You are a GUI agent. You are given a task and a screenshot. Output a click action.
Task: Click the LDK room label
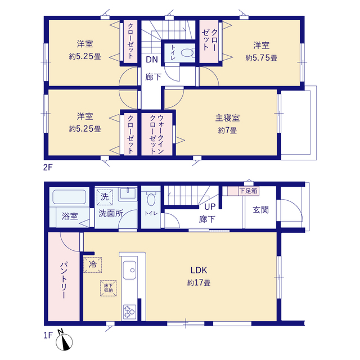[x=199, y=270]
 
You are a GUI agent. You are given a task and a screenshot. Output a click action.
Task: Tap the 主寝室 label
[x=227, y=118]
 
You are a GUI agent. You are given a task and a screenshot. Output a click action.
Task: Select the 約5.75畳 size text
[x=261, y=58]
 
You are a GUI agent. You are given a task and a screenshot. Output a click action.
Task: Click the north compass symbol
[x=64, y=340]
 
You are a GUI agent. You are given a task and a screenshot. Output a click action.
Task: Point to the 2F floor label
[x=48, y=168]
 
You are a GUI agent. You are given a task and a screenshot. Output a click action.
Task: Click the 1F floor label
[x=48, y=335]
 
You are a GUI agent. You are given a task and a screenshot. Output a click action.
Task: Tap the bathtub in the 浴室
[x=69, y=197]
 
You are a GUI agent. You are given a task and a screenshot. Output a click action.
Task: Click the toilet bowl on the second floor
[x=187, y=52]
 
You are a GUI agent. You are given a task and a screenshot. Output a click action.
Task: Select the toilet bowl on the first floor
[x=151, y=199]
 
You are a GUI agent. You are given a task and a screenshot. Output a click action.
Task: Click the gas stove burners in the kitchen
[x=130, y=312]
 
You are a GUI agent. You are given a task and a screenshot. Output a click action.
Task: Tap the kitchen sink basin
[x=129, y=270]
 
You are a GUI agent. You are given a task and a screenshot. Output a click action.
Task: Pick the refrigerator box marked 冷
[x=92, y=265]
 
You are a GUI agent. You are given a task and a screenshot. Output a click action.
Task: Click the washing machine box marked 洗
[x=105, y=197]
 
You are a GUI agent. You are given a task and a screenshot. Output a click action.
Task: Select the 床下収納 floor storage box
[x=108, y=288]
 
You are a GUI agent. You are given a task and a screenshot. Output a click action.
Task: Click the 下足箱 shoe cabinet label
[x=248, y=191]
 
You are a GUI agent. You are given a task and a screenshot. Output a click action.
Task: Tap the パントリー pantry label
[x=64, y=280]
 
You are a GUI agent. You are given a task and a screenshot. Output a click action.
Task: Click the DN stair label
[x=152, y=60]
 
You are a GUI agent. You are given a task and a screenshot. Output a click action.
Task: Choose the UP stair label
[x=210, y=206]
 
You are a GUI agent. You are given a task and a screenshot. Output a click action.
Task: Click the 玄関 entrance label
[x=260, y=210]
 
